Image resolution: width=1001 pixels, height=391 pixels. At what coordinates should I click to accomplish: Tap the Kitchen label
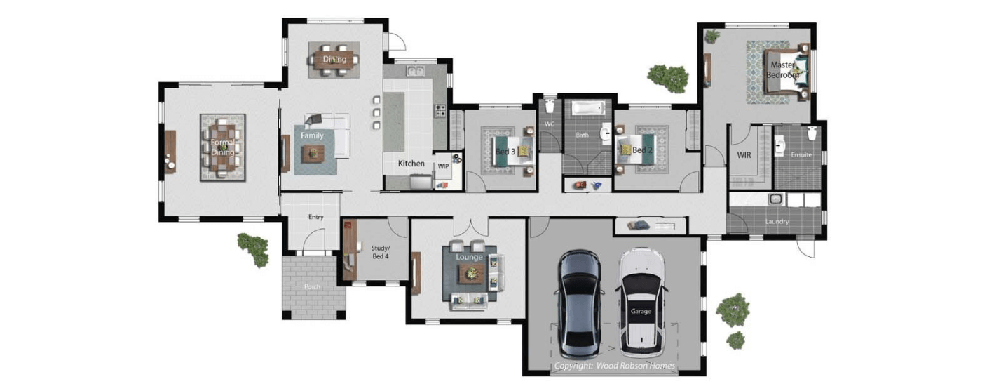411,164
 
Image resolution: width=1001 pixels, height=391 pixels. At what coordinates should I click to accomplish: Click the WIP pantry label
443,166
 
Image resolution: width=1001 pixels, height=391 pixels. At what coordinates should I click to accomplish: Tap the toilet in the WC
550,107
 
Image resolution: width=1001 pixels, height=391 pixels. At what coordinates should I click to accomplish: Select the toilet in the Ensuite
812,133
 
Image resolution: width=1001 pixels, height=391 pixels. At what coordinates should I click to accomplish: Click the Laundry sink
775,199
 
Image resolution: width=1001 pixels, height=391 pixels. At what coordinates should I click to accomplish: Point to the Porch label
313,286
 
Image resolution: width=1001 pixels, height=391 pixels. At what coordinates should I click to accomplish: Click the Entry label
316,217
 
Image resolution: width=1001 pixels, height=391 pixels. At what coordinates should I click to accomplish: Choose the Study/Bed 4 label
381,252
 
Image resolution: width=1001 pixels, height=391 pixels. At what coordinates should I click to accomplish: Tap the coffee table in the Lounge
469,275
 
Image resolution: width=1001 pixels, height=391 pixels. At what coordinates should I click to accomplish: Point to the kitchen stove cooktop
441,110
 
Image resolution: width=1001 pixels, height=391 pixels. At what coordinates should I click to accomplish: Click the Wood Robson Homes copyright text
614,366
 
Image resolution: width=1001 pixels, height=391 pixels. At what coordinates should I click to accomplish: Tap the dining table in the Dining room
335,59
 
